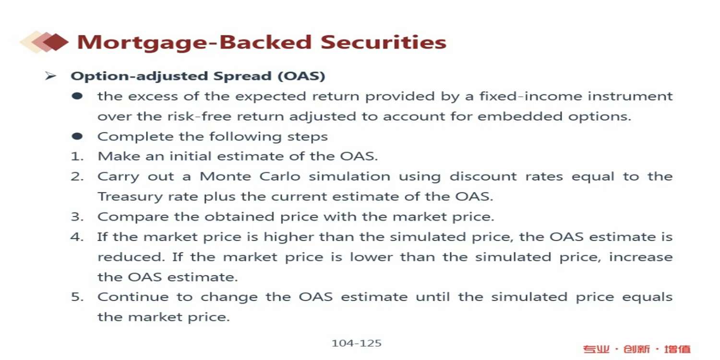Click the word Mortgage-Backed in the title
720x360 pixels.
coord(194,43)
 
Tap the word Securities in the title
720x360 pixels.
coord(384,42)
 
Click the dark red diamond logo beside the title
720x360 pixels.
coord(56,42)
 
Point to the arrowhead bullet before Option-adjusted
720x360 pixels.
coord(50,76)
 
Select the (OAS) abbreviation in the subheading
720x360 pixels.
coord(301,76)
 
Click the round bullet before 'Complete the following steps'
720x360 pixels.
coord(77,136)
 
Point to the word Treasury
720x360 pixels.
coord(130,197)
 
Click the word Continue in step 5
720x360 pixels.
coord(133,297)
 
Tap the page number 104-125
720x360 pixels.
coord(357,343)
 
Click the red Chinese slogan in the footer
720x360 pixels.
coord(637,349)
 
